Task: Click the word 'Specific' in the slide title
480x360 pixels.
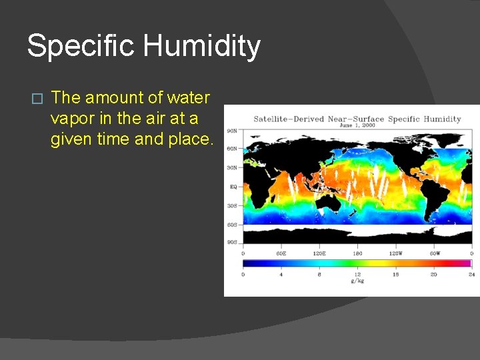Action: [81, 46]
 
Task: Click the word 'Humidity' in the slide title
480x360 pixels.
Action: [201, 46]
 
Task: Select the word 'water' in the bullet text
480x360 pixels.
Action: [188, 97]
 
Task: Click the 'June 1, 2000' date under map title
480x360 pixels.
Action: [357, 125]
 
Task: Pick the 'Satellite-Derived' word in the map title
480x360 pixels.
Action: [289, 119]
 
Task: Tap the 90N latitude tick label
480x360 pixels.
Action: [233, 131]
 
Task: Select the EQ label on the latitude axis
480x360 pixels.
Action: [233, 187]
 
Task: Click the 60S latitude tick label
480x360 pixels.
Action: [233, 224]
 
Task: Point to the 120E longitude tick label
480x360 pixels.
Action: [319, 253]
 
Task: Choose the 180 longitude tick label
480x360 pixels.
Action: [357, 253]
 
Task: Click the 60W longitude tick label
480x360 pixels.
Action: [433, 253]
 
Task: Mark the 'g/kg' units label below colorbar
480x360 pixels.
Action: [357, 281]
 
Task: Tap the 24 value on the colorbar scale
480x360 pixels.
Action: [471, 274]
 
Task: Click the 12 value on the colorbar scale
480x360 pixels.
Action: [357, 274]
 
